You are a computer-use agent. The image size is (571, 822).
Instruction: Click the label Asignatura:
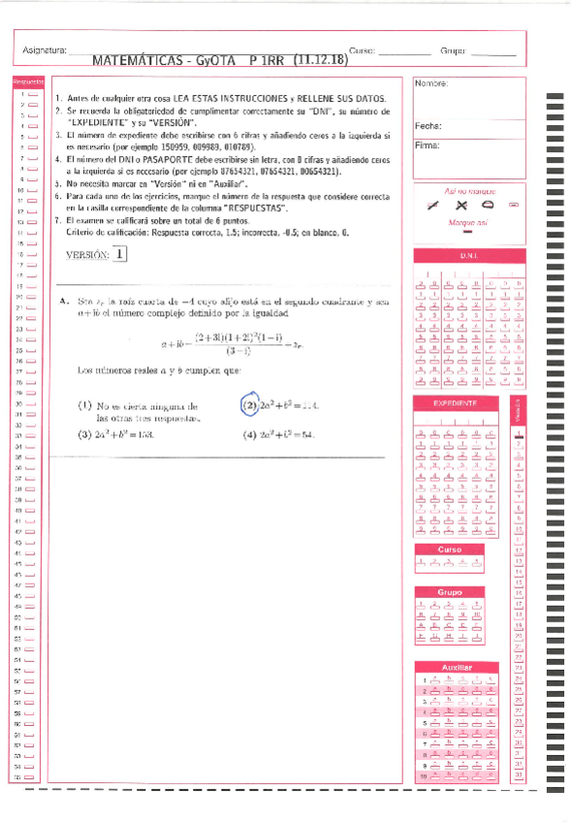pos(43,50)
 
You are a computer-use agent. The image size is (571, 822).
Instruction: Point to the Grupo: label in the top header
pos(453,49)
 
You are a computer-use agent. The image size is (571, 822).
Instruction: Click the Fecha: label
pos(428,126)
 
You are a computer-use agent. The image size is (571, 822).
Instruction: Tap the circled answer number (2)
pos(249,404)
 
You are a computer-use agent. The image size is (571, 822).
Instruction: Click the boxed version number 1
pos(119,255)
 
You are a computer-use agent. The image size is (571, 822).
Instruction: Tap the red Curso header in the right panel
pos(449,550)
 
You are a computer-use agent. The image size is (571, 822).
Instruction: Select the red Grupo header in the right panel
pos(449,592)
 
